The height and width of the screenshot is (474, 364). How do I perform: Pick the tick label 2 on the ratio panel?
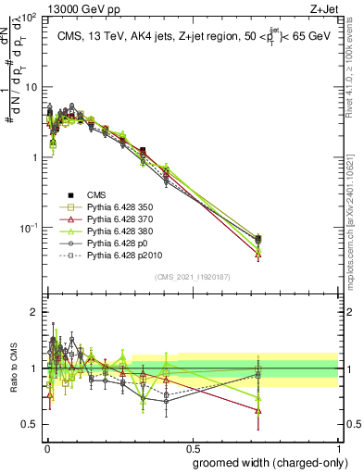click(33, 312)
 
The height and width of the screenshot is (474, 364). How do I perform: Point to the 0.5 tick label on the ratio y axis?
click(30, 425)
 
